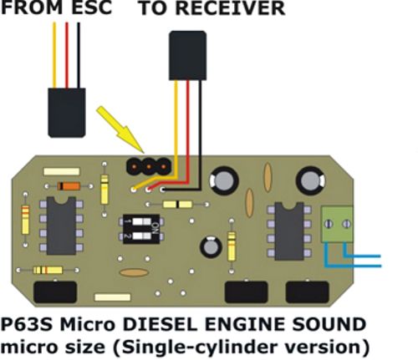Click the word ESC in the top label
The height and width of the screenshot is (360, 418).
(92, 8)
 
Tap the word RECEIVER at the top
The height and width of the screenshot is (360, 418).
(230, 8)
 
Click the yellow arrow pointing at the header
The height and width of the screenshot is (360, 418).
(120, 129)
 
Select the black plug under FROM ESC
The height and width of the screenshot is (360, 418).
(67, 113)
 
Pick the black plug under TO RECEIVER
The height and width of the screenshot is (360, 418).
(188, 55)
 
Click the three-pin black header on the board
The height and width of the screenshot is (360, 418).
(149, 166)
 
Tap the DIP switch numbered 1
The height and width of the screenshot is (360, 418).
(141, 221)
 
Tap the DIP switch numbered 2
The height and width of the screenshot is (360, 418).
(141, 236)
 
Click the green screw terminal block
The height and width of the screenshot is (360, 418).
(338, 224)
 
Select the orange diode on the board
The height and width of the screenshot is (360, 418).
(69, 186)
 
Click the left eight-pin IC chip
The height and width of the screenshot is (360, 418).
(61, 226)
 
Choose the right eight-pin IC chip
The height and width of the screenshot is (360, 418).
(289, 231)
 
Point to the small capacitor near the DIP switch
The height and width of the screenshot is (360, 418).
(211, 247)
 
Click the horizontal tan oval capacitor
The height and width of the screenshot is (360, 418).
(134, 272)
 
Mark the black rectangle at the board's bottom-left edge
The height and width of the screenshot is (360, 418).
(55, 292)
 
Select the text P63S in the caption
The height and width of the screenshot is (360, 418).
(27, 325)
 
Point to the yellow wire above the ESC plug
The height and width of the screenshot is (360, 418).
(54, 55)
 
